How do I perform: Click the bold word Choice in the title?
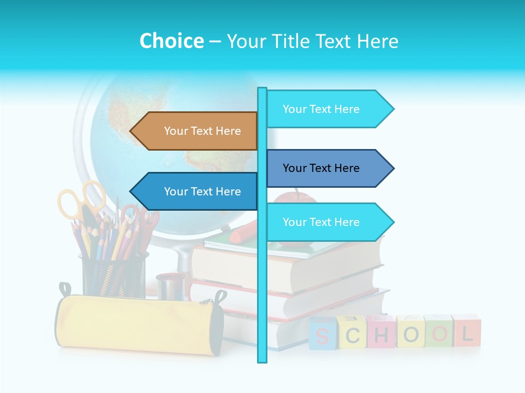tap(171, 41)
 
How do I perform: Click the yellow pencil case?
tap(137, 325)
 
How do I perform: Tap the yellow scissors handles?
tap(82, 199)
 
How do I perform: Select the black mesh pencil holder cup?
tap(114, 276)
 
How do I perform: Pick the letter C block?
tap(352, 333)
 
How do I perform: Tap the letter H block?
tap(381, 332)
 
